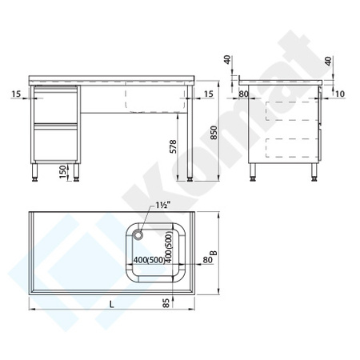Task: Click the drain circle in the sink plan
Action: tap(139, 234)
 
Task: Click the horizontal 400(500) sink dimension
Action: tap(150, 261)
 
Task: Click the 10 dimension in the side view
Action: tap(339, 95)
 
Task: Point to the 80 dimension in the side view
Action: tap(244, 95)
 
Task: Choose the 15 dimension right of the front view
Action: tap(208, 94)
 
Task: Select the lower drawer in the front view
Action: tap(55, 143)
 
